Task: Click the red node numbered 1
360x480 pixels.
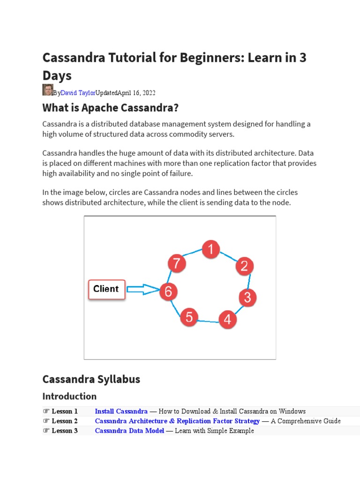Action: click(211, 249)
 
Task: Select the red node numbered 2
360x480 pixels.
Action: click(244, 266)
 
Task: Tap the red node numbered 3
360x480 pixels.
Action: click(248, 298)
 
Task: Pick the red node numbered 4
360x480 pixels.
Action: click(227, 320)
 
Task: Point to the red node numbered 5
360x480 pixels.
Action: click(189, 317)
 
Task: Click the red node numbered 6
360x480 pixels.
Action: click(168, 292)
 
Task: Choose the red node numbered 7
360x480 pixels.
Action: click(176, 264)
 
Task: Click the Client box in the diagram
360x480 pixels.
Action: click(106, 289)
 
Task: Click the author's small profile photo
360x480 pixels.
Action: click(47, 90)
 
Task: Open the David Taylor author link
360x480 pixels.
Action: click(78, 93)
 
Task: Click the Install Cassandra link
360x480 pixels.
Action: click(121, 411)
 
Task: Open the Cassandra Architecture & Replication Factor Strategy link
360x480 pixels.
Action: click(177, 421)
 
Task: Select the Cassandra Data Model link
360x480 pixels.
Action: click(129, 431)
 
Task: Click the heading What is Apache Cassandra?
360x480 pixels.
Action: click(111, 108)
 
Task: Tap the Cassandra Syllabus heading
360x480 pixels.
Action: click(91, 379)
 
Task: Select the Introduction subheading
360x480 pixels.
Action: click(69, 396)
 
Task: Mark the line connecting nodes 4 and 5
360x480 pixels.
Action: click(208, 322)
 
